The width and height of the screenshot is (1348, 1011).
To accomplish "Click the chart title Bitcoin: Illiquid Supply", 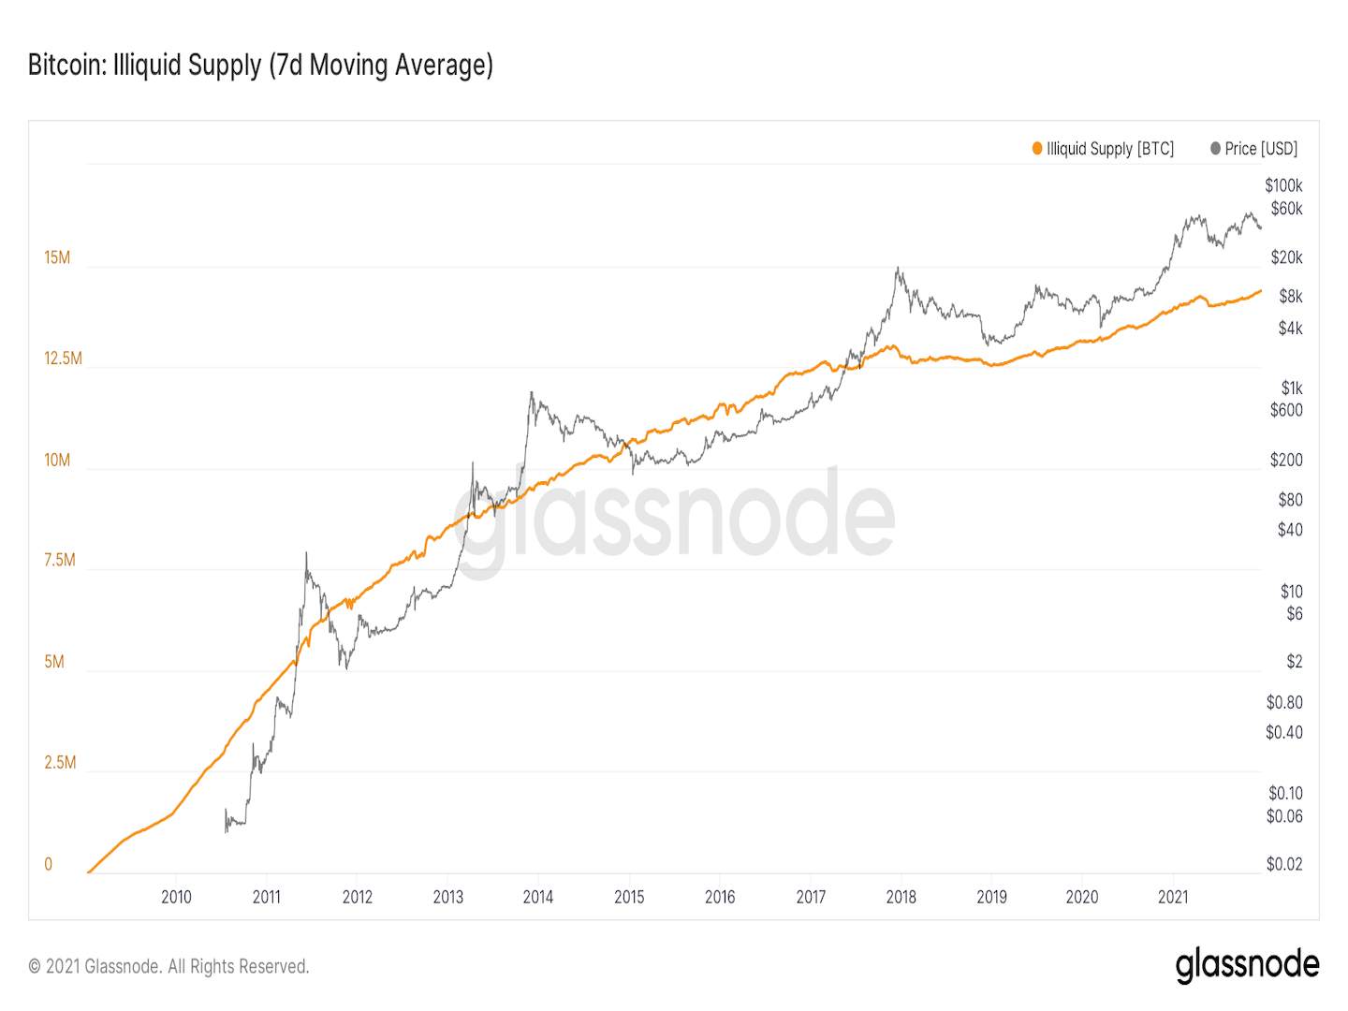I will [260, 66].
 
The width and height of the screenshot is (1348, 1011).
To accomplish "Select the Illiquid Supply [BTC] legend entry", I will [1103, 149].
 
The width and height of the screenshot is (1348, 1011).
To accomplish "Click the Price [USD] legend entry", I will [1254, 149].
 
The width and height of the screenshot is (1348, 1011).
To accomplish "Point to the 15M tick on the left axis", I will [57, 257].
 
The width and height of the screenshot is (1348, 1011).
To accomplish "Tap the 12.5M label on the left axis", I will [63, 359].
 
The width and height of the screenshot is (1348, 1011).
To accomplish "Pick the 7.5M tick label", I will [59, 560].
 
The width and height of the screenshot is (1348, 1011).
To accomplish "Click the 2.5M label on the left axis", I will [60, 762].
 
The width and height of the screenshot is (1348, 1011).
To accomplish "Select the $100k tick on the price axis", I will [1283, 185].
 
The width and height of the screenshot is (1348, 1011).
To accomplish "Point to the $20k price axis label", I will [1286, 257].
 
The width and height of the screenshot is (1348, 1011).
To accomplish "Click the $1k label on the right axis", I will [1292, 388].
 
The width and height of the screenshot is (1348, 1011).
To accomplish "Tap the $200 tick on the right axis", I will [1286, 460].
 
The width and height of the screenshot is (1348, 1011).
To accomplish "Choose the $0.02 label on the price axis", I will [1283, 864].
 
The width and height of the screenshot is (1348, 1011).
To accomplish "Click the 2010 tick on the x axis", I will [176, 897].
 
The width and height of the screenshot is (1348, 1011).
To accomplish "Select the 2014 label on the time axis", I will [538, 897].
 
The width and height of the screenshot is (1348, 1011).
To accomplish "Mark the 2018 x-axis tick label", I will [901, 897].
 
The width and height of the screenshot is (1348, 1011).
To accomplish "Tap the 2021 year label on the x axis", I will [1173, 897].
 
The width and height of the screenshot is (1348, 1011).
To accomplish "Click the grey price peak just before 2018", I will [898, 270].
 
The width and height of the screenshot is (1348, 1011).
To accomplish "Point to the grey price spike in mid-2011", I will [306, 554].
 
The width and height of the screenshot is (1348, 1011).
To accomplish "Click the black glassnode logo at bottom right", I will [1247, 965].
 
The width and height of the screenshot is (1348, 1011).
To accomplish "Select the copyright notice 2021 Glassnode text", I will [168, 966].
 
